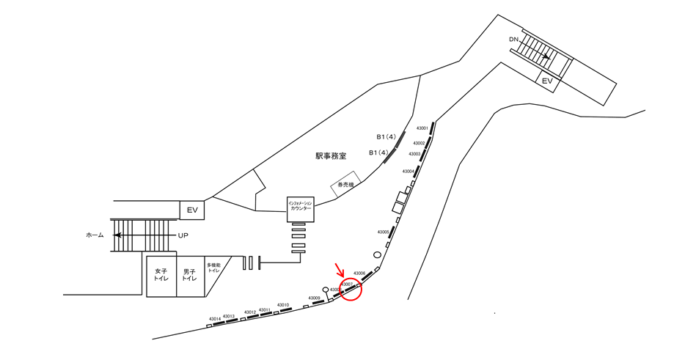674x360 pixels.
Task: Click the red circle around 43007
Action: pos(351,289)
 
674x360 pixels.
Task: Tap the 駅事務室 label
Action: pos(331,155)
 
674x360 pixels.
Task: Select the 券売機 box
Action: pos(345,187)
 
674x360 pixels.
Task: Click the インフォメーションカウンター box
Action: pos(301,209)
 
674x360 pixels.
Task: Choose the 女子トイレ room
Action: pos(161,276)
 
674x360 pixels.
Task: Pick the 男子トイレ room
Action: pos(190,276)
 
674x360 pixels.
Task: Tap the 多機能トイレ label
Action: pos(213,268)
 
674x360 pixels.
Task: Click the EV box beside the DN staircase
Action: pos(546,81)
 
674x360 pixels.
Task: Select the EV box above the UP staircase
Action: pos(192,210)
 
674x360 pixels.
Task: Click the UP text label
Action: pos(184,235)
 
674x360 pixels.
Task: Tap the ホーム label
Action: pos(95,235)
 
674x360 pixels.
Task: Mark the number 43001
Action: pos(422,128)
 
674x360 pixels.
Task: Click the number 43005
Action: pos(384,232)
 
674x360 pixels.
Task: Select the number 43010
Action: pos(282,305)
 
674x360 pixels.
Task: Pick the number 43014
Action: pos(215,319)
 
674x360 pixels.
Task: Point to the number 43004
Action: pos(409,171)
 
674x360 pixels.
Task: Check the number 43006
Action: pos(359,273)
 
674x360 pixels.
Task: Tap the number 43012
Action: pos(250,312)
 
